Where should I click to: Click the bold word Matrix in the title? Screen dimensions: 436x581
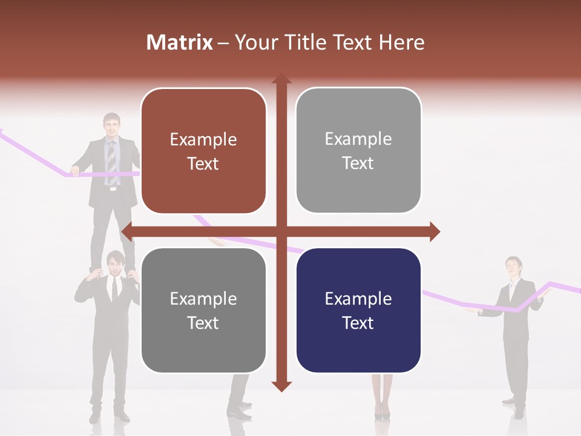click(x=180, y=42)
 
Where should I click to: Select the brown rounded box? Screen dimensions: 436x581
click(x=203, y=151)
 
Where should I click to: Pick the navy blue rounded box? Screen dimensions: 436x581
click(x=358, y=310)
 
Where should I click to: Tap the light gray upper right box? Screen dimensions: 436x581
click(x=358, y=150)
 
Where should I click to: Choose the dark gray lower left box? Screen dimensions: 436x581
click(x=203, y=310)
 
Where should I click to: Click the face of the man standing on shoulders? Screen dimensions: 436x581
click(x=111, y=125)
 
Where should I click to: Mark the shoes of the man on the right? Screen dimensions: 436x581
click(x=514, y=407)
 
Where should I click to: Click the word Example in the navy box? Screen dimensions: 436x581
click(x=358, y=299)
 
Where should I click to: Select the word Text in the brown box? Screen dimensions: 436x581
click(x=203, y=163)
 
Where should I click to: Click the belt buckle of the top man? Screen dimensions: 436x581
click(x=111, y=188)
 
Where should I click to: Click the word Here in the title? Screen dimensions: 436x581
click(x=401, y=42)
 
